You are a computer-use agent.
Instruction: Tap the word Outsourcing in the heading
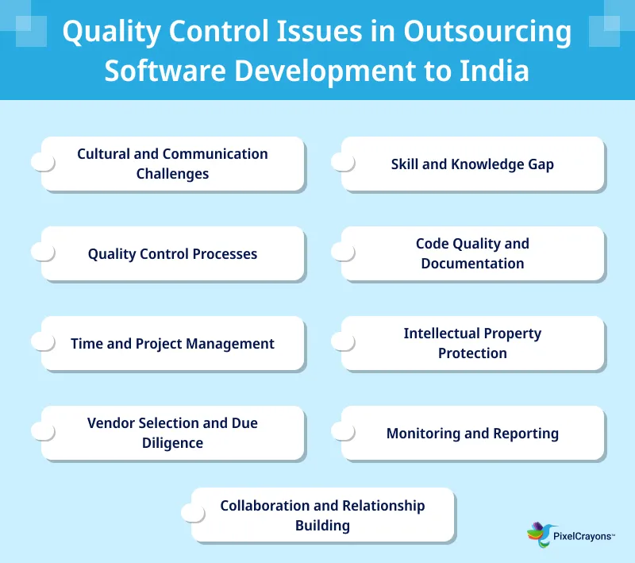487,33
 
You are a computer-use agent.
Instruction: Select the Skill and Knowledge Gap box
472,164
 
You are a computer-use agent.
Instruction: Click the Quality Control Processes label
172,254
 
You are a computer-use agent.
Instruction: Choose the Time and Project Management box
172,344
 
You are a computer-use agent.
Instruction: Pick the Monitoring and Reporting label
472,434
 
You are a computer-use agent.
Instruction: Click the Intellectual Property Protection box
472,343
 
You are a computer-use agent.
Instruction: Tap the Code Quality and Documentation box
472,253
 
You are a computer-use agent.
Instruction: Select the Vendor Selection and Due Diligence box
172,433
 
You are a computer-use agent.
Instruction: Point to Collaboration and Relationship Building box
322,515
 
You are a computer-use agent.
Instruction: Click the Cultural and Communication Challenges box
172,164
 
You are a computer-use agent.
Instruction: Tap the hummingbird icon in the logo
540,534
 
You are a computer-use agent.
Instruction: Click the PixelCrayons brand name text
583,536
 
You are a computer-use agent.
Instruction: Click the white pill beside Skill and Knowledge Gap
343,162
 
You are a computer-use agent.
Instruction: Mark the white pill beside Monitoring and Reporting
343,431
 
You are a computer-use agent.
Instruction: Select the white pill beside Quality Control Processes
43,252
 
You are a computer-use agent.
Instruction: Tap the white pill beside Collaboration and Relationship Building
193,513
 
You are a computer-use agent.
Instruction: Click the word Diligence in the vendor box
172,443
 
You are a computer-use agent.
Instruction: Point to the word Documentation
472,264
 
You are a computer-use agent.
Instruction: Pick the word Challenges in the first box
172,174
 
